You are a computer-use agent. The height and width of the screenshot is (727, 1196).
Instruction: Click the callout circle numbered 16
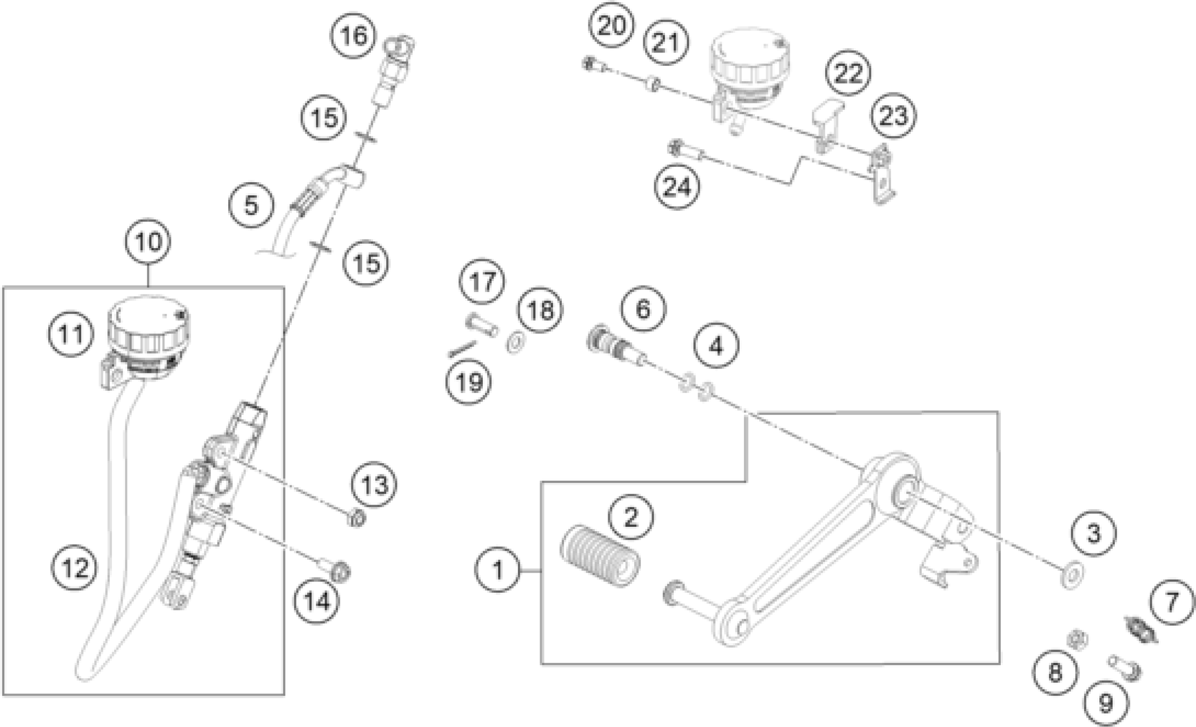point(353,35)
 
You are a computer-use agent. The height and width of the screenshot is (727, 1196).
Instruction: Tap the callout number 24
point(677,187)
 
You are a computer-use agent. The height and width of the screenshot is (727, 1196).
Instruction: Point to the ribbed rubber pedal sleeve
point(600,556)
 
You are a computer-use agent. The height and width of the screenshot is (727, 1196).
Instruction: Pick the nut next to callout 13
point(357,519)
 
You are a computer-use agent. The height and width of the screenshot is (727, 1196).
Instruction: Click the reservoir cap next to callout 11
point(149,323)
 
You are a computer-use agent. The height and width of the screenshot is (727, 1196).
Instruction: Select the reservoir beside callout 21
point(749,68)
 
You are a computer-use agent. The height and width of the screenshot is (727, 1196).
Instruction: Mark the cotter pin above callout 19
point(461,348)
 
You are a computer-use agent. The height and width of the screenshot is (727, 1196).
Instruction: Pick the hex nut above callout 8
point(1077,639)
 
